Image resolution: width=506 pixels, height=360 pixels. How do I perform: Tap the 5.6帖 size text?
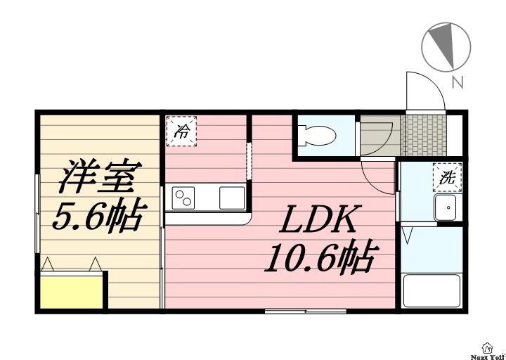[98, 217]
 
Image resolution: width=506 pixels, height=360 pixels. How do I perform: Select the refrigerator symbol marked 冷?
[181, 130]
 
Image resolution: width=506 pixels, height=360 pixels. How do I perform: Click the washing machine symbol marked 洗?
[447, 177]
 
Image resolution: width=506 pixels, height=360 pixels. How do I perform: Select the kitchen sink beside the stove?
[231, 198]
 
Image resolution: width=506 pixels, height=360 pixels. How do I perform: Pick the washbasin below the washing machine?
[446, 209]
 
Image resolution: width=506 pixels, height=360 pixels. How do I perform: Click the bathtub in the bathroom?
[432, 290]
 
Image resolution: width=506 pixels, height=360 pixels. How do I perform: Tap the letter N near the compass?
[458, 83]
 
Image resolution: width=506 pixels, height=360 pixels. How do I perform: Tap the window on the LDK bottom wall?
[305, 310]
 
